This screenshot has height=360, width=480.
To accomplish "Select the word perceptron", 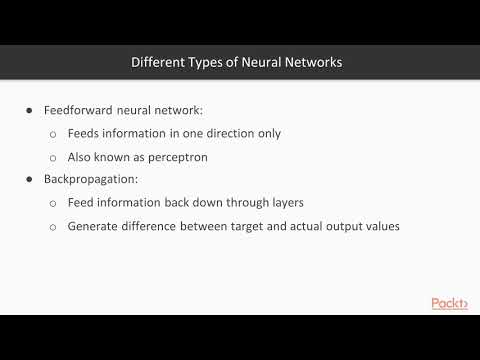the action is point(184,156).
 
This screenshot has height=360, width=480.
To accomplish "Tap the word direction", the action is point(211,133).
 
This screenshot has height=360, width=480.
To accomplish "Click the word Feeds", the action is point(85,133).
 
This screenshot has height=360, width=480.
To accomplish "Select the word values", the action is point(381,226).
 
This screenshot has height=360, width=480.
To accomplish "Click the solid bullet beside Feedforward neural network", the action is point(31,110).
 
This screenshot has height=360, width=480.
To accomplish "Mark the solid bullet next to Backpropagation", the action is point(31,179).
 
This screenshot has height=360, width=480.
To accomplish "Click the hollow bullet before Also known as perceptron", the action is point(54,157).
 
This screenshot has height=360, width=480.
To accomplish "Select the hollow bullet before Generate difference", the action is point(54,227).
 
